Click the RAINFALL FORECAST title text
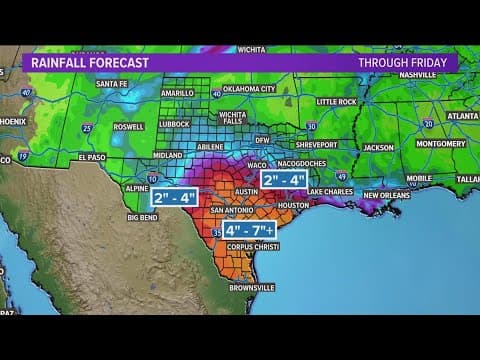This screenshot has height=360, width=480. tap(90, 62)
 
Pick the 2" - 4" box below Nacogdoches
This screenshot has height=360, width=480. tap(284, 181)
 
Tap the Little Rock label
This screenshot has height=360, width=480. tap(336, 101)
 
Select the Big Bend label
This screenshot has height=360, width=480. tap(144, 216)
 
